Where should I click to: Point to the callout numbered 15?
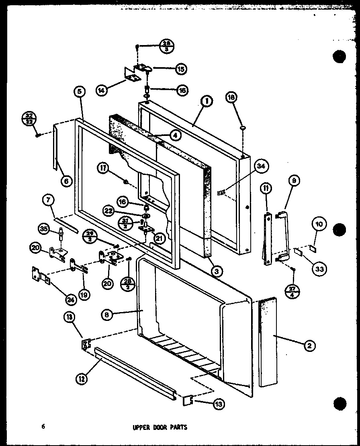point(181,69)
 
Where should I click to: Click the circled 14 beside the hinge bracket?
point(102,91)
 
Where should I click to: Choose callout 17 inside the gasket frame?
point(104,170)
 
